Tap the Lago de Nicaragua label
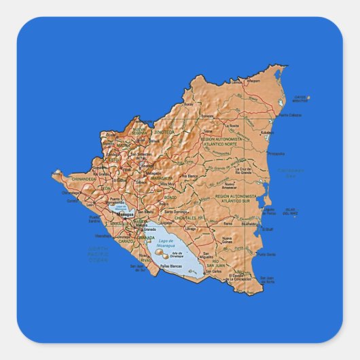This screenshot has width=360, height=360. tap(166, 243)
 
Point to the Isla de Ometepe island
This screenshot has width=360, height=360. tap(163, 255)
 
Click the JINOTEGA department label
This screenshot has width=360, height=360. tap(164, 132)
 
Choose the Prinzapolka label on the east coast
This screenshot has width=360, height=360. tap(276, 154)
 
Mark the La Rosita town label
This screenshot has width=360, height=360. tap(233, 126)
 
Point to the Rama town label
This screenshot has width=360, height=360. tap(228, 222)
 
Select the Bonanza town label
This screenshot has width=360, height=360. tap(208, 116)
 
